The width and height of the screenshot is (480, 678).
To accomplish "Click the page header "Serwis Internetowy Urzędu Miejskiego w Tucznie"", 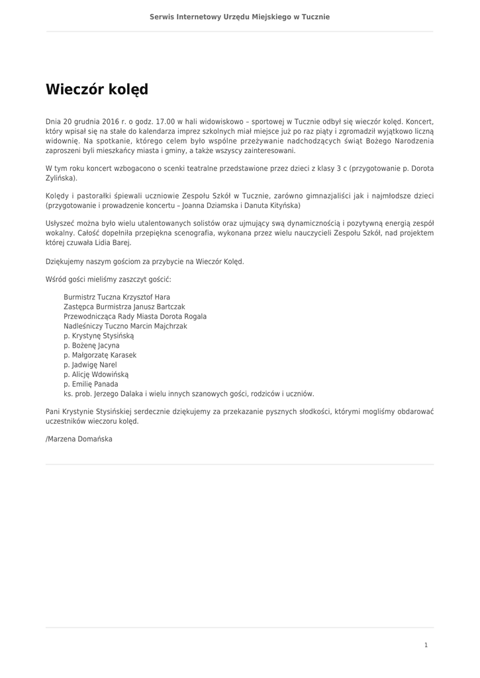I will (x=240, y=17).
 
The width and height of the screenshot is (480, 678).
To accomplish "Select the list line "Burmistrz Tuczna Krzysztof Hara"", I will (x=117, y=297).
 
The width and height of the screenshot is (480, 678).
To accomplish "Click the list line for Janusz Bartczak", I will (x=124, y=307).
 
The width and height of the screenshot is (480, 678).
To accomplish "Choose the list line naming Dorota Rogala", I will (x=135, y=316).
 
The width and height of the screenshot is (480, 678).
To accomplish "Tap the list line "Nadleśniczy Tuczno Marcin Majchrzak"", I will (x=125, y=326).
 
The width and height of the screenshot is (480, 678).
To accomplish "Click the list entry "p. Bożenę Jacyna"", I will (x=91, y=346).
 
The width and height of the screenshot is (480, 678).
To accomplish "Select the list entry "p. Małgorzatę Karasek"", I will (x=100, y=355).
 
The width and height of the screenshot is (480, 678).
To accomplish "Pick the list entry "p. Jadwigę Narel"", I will (x=90, y=365).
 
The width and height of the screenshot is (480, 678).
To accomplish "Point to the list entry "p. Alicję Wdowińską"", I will (x=96, y=374).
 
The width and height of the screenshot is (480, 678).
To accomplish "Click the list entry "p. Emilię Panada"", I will (x=91, y=384).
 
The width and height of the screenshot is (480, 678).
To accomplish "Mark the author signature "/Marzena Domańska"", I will (x=79, y=438).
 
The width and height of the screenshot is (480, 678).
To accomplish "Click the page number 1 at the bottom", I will (x=426, y=645).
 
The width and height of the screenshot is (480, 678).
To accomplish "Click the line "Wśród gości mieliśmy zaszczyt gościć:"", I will (x=109, y=280).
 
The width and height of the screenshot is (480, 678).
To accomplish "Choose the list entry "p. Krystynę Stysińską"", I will (x=99, y=336).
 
